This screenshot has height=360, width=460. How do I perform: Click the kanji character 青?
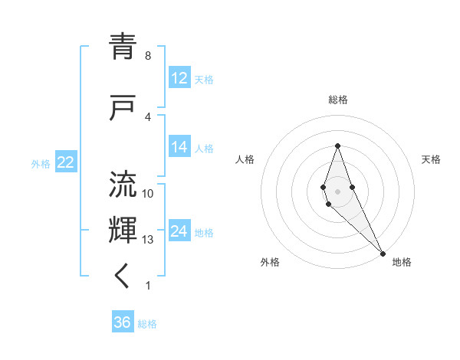(x=124, y=48)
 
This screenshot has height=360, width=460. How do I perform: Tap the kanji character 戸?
(x=124, y=109)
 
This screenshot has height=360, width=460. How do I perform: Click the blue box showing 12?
(x=179, y=78)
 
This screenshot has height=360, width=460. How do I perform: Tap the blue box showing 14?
(x=179, y=148)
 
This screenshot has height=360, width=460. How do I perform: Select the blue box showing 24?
(x=179, y=232)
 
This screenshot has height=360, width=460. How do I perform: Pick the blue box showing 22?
(x=65, y=162)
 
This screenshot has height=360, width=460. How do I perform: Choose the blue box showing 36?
(x=122, y=322)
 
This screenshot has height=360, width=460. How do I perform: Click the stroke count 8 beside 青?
(x=148, y=56)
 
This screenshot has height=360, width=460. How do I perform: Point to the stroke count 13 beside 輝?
(x=148, y=240)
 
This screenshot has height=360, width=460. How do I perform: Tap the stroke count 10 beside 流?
(x=148, y=193)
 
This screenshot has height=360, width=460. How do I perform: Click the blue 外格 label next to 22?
(x=41, y=163)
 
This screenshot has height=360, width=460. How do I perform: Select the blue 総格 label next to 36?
(x=147, y=324)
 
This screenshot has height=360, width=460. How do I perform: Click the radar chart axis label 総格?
(x=337, y=100)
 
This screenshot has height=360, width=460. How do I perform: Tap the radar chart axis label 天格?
(x=431, y=159)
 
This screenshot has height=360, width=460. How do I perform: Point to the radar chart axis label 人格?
(x=245, y=159)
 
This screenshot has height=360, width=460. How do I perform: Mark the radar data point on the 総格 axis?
(x=337, y=146)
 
